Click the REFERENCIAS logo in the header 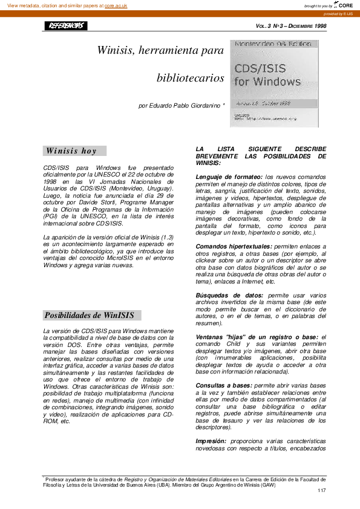(x=65, y=26)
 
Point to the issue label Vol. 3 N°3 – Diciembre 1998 (x=291, y=26)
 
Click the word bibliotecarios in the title (x=190, y=79)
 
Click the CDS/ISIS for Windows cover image (x=274, y=83)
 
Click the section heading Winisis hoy (x=71, y=151)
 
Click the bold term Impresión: (x=212, y=441)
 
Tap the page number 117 (x=322, y=490)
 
